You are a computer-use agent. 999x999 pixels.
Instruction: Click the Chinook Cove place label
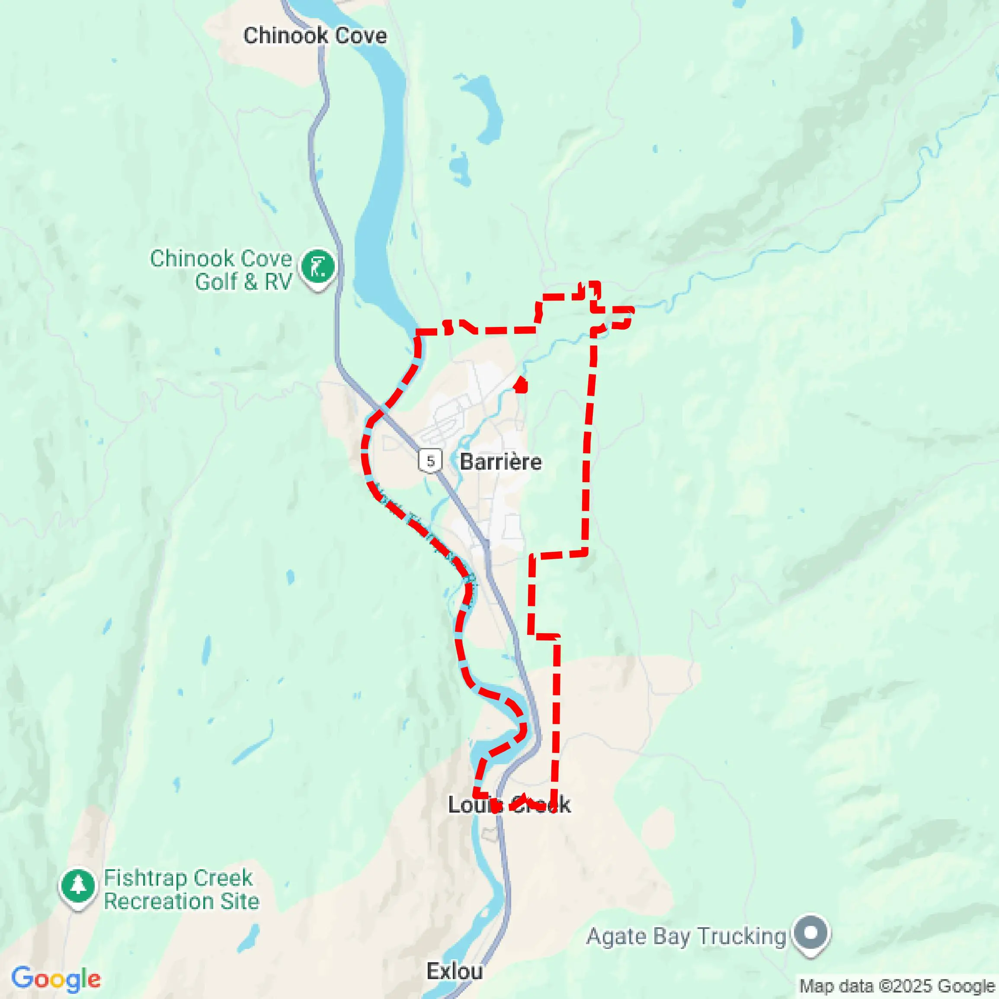click(x=315, y=35)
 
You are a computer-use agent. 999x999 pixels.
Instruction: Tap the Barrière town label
click(x=500, y=462)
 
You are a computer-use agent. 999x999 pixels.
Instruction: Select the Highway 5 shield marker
click(x=430, y=460)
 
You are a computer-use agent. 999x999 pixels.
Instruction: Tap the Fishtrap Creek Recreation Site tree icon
click(x=77, y=886)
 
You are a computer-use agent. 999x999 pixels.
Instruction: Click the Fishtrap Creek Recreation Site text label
click(x=181, y=890)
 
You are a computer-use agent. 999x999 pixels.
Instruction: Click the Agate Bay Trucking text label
click(x=686, y=936)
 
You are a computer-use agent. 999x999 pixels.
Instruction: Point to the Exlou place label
click(x=455, y=972)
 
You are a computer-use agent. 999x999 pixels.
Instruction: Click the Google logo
click(x=56, y=979)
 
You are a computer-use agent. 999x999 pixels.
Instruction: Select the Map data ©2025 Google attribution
click(x=898, y=986)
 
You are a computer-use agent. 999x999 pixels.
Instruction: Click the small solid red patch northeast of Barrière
click(x=521, y=385)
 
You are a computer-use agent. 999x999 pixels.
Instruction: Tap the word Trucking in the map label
click(x=742, y=936)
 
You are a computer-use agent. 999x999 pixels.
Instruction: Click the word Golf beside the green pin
click(x=217, y=282)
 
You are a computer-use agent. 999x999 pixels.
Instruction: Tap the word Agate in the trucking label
click(x=615, y=936)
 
